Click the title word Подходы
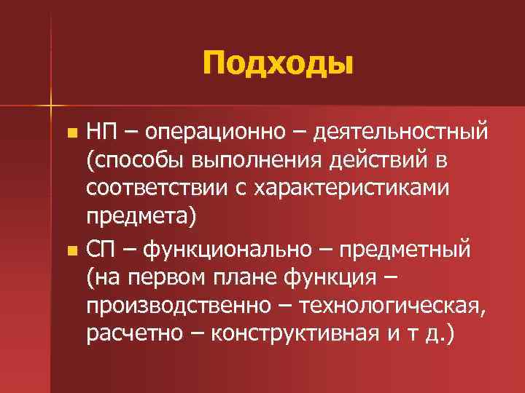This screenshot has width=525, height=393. tap(279, 63)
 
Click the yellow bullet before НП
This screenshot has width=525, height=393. tap(71, 134)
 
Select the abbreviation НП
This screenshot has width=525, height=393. tap(103, 133)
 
